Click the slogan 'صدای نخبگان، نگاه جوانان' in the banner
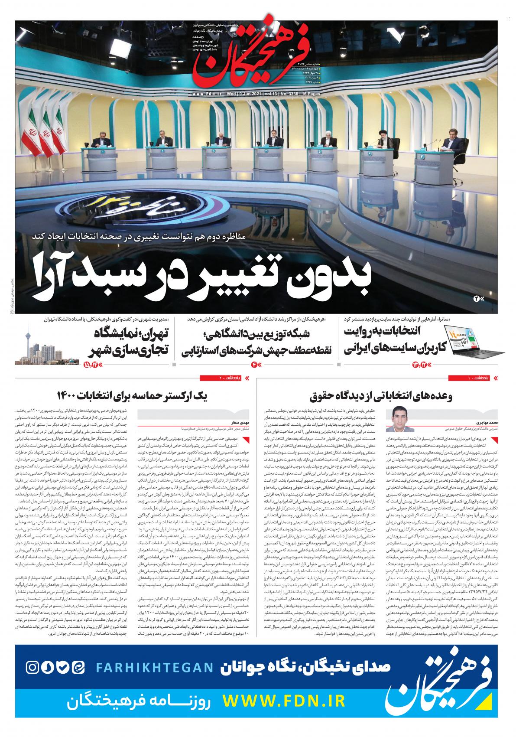click(x=306, y=667)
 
